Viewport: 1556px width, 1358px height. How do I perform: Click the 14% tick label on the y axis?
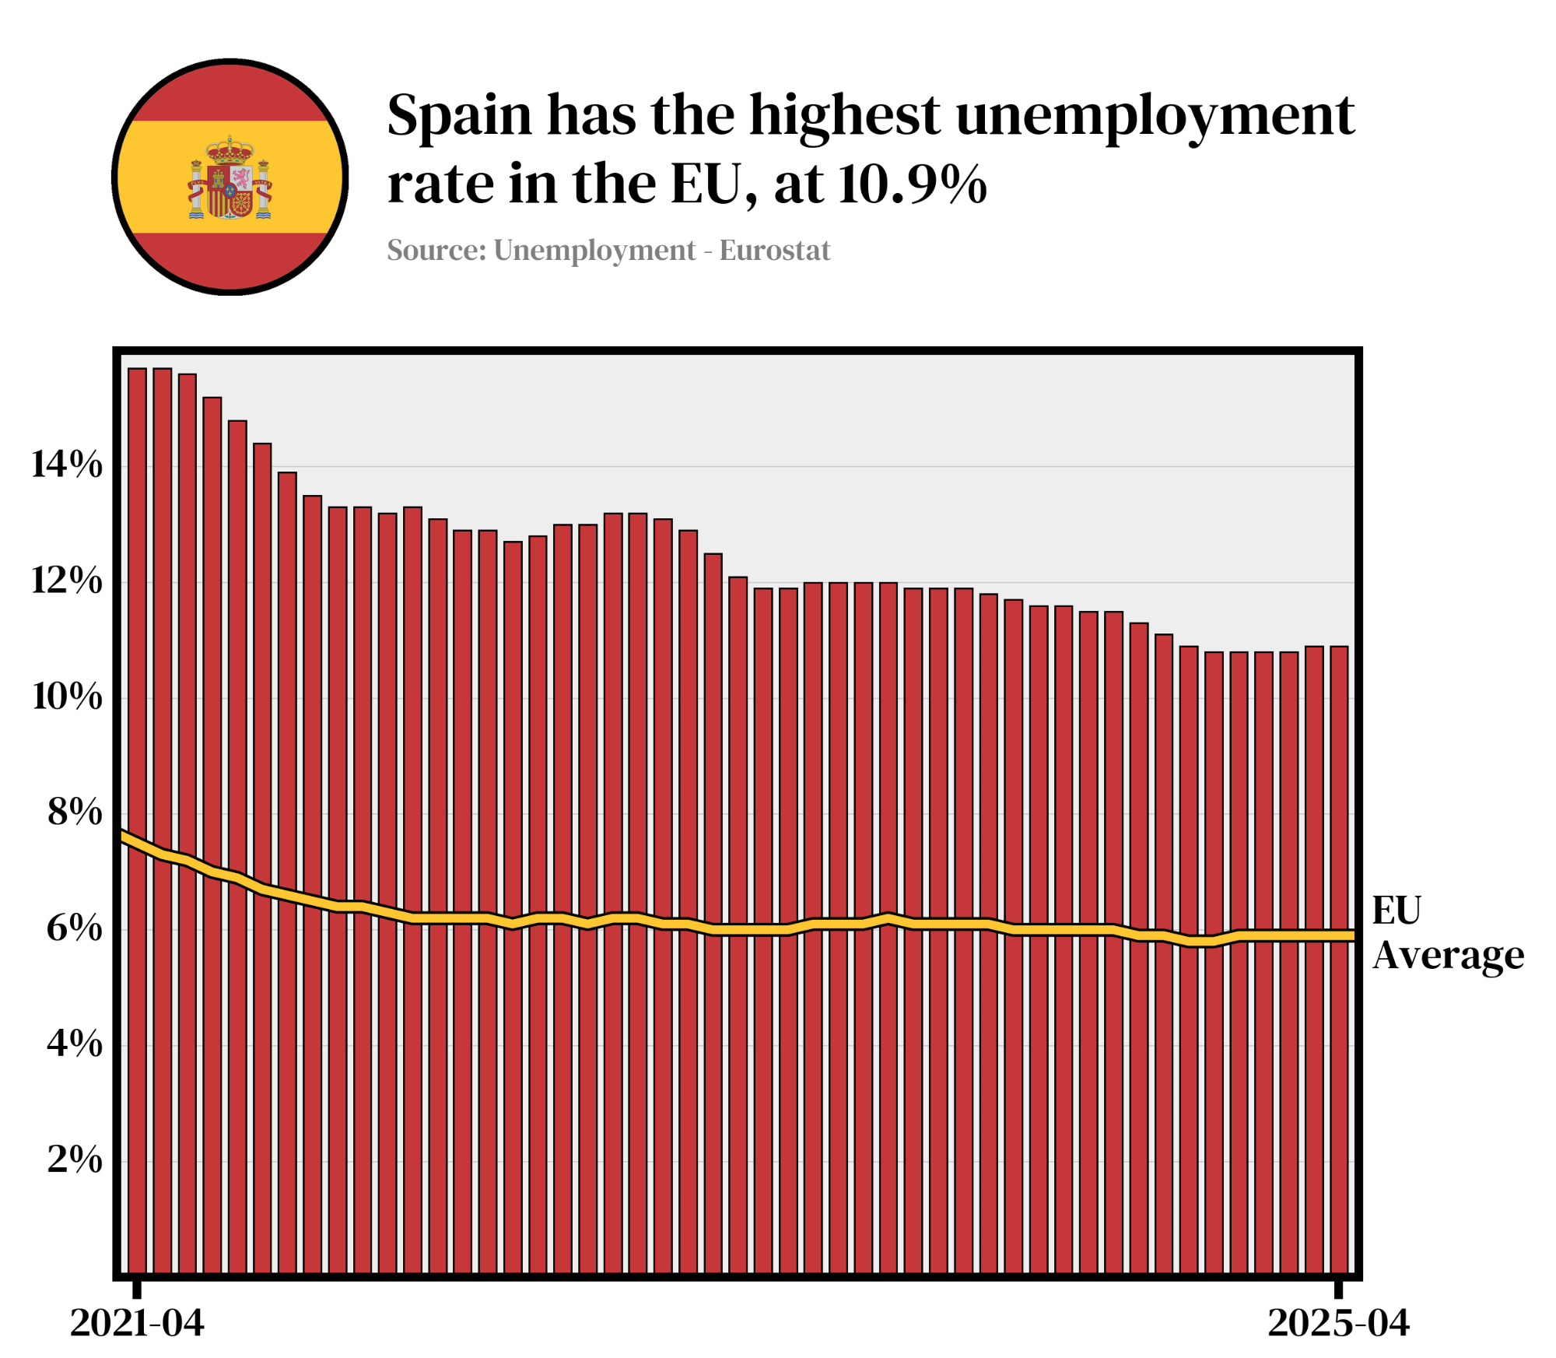point(67,465)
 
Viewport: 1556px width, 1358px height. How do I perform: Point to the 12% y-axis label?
point(67,581)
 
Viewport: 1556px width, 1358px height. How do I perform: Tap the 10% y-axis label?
point(67,697)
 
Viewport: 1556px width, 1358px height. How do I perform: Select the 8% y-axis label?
point(75,812)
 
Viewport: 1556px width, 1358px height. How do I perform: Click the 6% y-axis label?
point(75,928)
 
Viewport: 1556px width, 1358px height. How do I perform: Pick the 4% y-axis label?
point(75,1044)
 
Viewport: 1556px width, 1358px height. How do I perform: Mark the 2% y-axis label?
point(75,1160)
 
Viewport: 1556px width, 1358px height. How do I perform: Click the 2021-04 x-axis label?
point(137,1323)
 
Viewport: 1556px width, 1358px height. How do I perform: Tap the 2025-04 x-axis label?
point(1338,1323)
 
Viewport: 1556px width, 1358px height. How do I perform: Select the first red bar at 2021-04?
point(137,817)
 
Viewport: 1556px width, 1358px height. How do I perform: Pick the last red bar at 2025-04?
point(1338,957)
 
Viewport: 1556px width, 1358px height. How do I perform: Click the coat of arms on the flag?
point(230,179)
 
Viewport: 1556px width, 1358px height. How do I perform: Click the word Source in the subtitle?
point(436,251)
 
